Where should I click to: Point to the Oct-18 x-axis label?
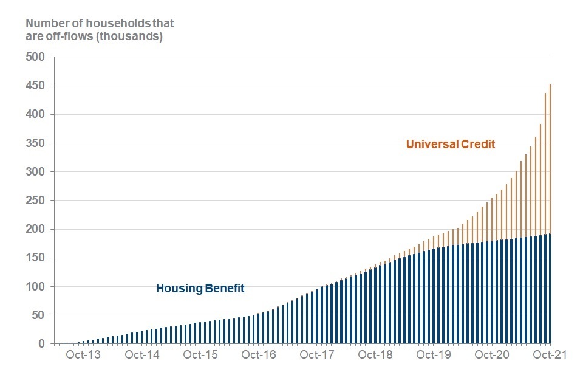[375, 356]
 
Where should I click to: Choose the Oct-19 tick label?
[433, 356]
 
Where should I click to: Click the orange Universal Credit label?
[451, 145]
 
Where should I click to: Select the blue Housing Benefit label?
[200, 289]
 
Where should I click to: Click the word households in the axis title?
[105, 24]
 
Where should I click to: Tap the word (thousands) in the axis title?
[132, 36]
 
